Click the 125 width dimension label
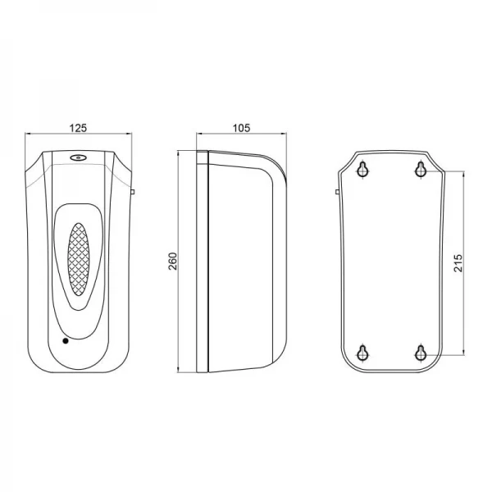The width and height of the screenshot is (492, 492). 79,127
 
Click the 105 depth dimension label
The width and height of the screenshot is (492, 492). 241,127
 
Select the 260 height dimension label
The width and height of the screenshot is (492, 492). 172,262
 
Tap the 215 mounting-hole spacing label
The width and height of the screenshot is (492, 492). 458,262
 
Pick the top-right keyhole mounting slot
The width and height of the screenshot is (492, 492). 420,170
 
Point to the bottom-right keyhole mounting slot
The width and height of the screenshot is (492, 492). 420,353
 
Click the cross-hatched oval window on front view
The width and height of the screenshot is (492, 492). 79,260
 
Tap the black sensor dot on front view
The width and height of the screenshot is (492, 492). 65,339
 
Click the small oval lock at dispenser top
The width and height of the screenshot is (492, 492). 78,160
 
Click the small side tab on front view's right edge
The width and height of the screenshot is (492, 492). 133,192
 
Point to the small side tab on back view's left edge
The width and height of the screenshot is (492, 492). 337,192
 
